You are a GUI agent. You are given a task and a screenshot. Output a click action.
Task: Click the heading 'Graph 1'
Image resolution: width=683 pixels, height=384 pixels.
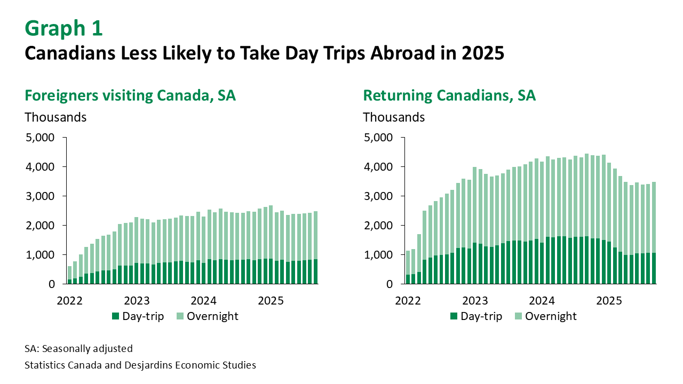[x=63, y=29]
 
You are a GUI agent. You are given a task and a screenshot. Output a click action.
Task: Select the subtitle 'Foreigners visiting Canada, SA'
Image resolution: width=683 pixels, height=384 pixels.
[x=130, y=96]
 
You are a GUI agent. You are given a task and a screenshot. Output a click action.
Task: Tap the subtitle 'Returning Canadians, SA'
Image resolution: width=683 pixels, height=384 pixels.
[x=449, y=96]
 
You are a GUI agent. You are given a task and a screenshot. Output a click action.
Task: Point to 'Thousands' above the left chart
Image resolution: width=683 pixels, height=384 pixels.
[x=55, y=117]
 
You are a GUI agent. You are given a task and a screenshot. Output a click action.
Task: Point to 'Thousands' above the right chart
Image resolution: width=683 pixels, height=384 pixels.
[x=394, y=117]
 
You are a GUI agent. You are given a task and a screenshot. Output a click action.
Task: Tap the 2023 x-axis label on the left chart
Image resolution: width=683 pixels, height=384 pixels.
[x=137, y=300]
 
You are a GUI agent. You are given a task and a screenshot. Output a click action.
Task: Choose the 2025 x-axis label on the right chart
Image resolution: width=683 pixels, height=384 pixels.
[x=609, y=300]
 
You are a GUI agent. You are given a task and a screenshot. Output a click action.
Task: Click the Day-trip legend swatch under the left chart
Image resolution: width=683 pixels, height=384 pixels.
[x=115, y=316]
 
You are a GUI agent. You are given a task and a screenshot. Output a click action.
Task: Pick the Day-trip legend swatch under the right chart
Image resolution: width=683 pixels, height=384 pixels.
[x=454, y=316]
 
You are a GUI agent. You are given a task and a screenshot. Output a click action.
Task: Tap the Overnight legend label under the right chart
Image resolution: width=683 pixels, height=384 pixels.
[x=551, y=316]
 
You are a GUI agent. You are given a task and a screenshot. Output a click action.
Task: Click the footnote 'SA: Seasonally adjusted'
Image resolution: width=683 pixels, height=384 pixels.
[x=78, y=349]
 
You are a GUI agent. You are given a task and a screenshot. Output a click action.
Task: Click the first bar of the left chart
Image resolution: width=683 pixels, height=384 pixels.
[x=69, y=275]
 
